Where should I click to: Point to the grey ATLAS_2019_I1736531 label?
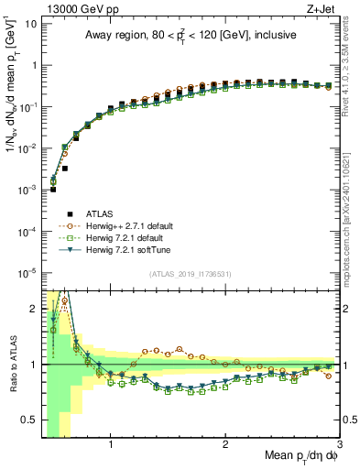click(191, 274)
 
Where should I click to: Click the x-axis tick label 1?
click(111, 446)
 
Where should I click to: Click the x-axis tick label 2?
click(225, 446)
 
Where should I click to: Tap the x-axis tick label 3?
click(339, 446)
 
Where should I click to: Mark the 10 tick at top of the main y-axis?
click(30, 23)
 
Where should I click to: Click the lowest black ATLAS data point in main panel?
click(53, 190)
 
